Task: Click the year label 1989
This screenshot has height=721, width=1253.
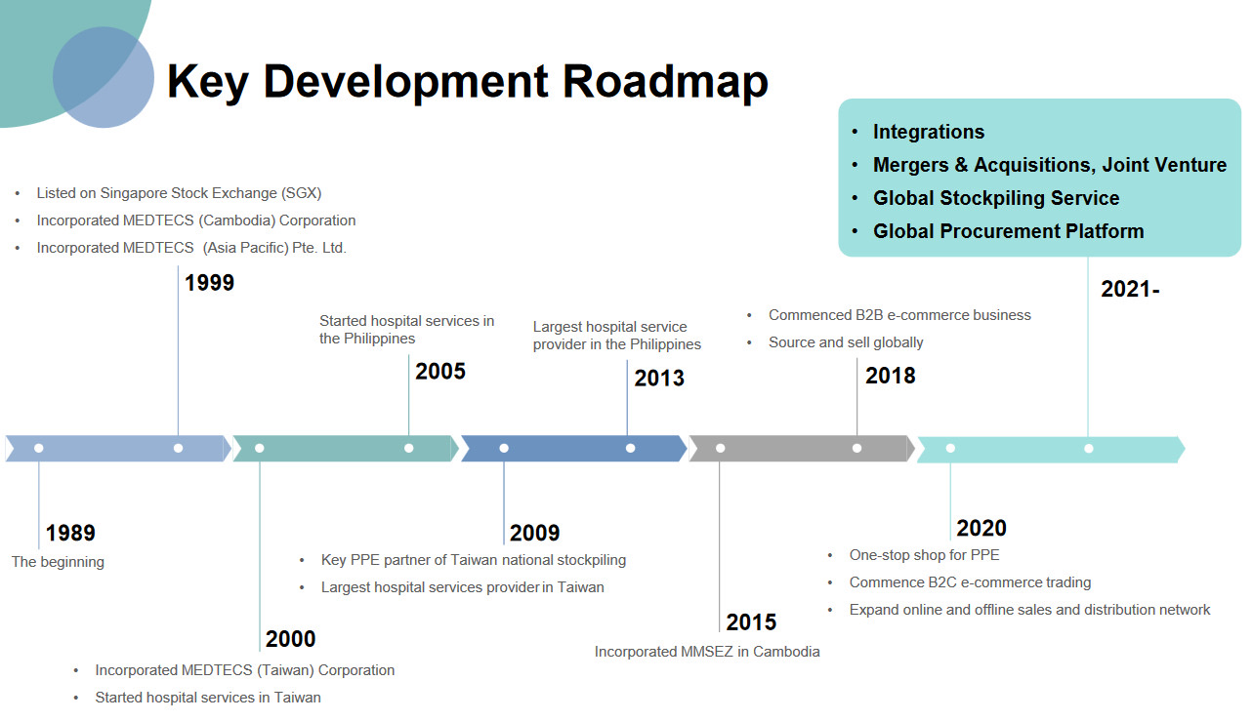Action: pyautogui.click(x=70, y=533)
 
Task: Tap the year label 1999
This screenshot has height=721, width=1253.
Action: pyautogui.click(x=209, y=283)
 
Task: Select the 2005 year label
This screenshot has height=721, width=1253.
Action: pyautogui.click(x=440, y=371)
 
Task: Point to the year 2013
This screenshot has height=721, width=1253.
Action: pyautogui.click(x=659, y=379)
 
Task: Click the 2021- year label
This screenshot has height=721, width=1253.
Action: pyautogui.click(x=1130, y=289)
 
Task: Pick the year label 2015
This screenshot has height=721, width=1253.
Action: pyautogui.click(x=751, y=622)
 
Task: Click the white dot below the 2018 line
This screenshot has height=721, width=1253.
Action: pyautogui.click(x=856, y=448)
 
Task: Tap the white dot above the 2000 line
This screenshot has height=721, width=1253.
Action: pyautogui.click(x=260, y=448)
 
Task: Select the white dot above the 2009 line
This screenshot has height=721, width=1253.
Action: pyautogui.click(x=504, y=448)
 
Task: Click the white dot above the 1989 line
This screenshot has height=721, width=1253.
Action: pyautogui.click(x=39, y=448)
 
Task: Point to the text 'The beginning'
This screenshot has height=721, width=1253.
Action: pyautogui.click(x=59, y=562)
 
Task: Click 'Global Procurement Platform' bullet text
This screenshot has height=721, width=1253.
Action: pyautogui.click(x=1008, y=231)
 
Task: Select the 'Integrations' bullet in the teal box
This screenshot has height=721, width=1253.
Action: pyautogui.click(x=929, y=132)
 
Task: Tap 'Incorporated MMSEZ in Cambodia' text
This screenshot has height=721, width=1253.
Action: pyautogui.click(x=707, y=652)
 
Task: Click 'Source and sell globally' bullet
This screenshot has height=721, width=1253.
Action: pyautogui.click(x=846, y=342)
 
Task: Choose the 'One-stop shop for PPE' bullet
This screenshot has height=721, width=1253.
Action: pyautogui.click(x=924, y=555)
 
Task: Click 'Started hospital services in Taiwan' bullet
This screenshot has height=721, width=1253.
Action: pyautogui.click(x=208, y=698)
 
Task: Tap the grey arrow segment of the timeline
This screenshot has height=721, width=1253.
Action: pyautogui.click(x=801, y=448)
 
